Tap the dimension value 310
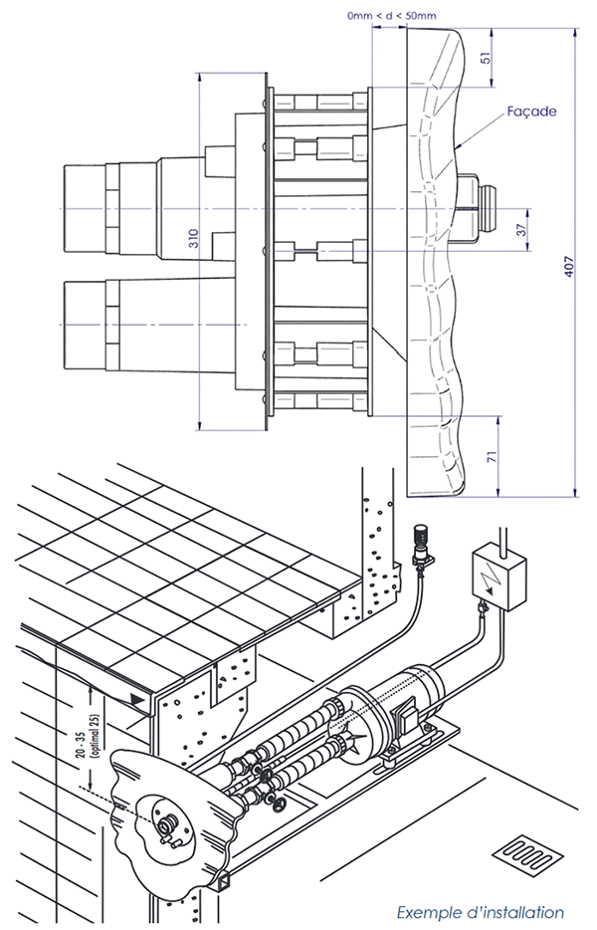[193, 239]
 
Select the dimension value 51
[486, 58]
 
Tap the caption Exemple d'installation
[481, 911]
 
